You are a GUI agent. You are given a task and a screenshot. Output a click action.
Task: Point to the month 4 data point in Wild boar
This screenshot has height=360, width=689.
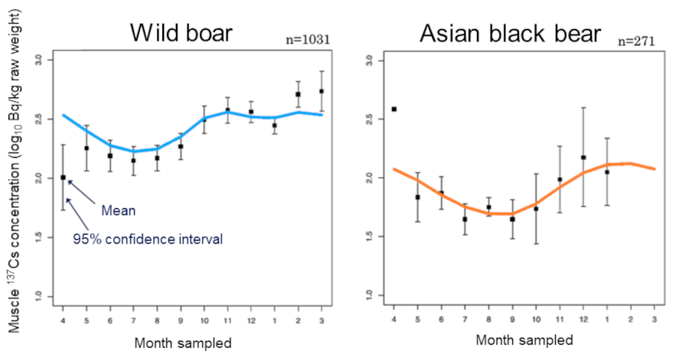(63, 177)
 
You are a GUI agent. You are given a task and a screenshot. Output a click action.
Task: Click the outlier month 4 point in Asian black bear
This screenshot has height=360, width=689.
(393, 109)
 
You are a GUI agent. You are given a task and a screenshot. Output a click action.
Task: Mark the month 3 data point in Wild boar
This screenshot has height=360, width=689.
(321, 91)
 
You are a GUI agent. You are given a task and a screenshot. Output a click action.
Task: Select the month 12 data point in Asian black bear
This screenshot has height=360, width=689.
(583, 157)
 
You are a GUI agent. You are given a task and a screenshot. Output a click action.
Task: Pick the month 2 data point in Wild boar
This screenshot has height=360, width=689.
(298, 94)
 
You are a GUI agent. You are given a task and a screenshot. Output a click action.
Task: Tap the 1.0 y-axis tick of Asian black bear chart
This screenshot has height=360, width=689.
(369, 296)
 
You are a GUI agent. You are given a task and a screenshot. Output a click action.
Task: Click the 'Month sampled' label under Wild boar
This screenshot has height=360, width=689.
(182, 342)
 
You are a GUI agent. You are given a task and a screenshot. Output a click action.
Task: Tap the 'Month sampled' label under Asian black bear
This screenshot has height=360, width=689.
(524, 339)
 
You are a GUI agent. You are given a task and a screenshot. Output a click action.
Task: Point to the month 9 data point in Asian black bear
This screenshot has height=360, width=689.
(512, 219)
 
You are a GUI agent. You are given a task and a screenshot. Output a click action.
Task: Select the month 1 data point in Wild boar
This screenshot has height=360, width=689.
(274, 125)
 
